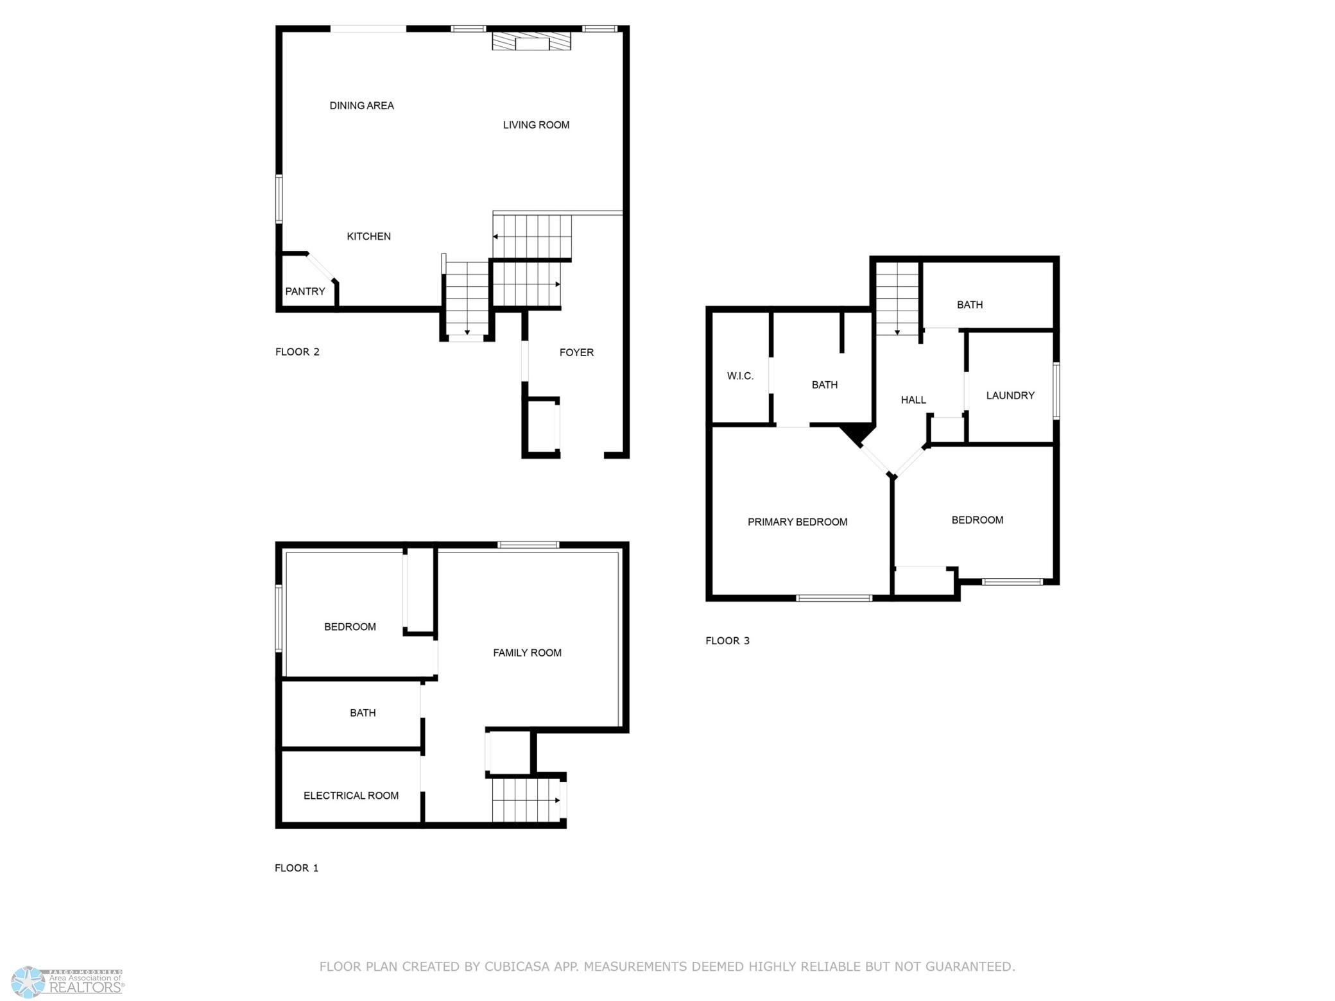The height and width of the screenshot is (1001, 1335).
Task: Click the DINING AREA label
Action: tap(361, 106)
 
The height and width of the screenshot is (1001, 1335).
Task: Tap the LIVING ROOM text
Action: tap(536, 125)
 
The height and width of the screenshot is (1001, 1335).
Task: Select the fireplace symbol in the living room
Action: tap(531, 41)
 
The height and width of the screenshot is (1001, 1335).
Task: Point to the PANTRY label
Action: tap(305, 291)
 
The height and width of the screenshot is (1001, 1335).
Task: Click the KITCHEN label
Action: tap(368, 237)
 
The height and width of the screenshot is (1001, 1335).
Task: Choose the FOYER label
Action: tap(576, 352)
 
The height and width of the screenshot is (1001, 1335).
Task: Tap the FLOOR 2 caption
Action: tap(297, 352)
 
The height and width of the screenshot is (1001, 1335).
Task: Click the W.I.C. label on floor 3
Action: tap(740, 376)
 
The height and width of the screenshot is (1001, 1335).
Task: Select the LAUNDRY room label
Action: tap(1010, 395)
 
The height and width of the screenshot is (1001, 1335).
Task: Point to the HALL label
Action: tap(913, 400)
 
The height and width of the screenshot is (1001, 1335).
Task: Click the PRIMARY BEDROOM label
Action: tap(797, 522)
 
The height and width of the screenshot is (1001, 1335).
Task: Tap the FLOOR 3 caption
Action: tap(727, 640)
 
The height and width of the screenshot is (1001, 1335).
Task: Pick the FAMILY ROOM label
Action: tap(527, 653)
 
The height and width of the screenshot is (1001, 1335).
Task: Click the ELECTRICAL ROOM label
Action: tap(351, 796)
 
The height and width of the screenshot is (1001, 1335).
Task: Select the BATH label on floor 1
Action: tap(363, 713)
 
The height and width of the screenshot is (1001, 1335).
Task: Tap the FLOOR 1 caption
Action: tap(297, 868)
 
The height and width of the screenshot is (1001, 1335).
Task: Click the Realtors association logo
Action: tap(67, 982)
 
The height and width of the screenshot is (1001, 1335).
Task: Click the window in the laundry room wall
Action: tap(1056, 391)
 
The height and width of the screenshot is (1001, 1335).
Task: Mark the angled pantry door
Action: tap(321, 268)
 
